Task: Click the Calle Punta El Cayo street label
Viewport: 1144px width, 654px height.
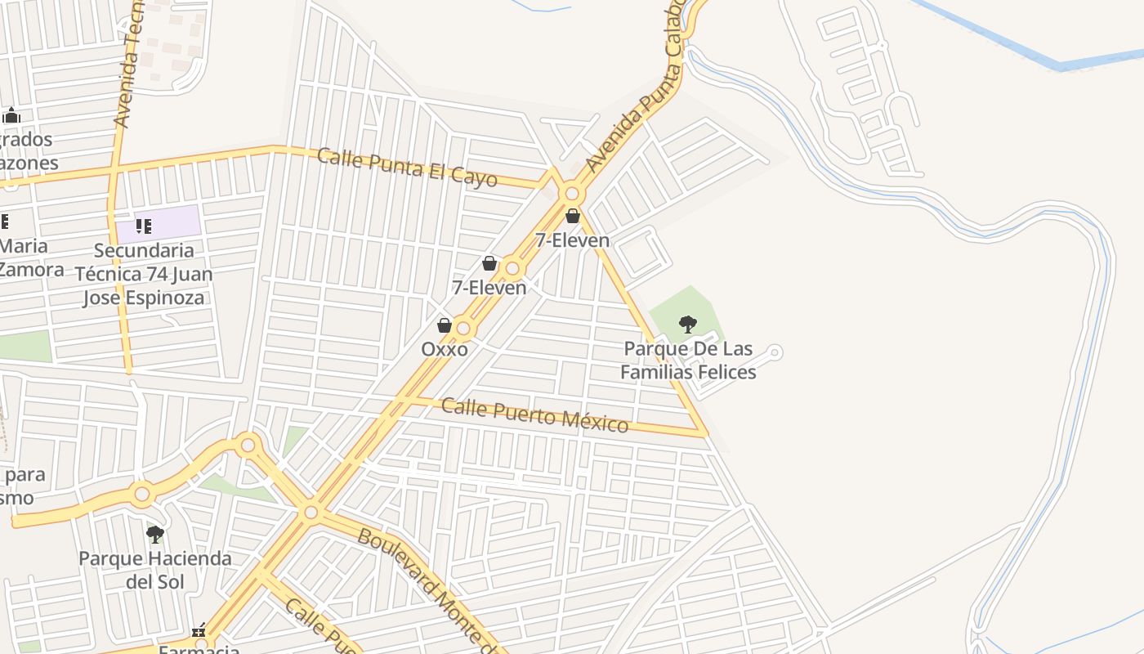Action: pyautogui.click(x=406, y=167)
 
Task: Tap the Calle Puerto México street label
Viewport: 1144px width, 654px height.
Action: pyautogui.click(x=535, y=414)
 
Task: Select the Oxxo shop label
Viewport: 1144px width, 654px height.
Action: pyautogui.click(x=445, y=349)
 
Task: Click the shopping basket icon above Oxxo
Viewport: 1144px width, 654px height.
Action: pyautogui.click(x=445, y=326)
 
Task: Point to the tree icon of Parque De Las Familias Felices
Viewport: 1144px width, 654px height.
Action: pyautogui.click(x=688, y=325)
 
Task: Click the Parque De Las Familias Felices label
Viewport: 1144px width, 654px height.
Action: pyautogui.click(x=688, y=361)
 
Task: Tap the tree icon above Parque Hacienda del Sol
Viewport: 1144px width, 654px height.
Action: pyautogui.click(x=155, y=535)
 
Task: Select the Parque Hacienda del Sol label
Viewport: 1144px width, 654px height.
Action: pyautogui.click(x=155, y=570)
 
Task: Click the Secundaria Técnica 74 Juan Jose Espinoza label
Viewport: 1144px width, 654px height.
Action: pyautogui.click(x=144, y=274)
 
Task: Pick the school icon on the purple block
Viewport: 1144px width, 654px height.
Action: pyautogui.click(x=144, y=226)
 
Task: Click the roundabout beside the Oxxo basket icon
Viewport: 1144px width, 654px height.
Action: pyautogui.click(x=464, y=329)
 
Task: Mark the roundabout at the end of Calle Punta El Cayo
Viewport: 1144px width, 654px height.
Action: pyautogui.click(x=572, y=194)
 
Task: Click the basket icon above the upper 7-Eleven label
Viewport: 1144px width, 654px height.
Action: pyautogui.click(x=573, y=217)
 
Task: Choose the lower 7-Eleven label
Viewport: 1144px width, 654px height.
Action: pyautogui.click(x=489, y=287)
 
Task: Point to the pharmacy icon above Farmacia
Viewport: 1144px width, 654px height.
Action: pyautogui.click(x=199, y=631)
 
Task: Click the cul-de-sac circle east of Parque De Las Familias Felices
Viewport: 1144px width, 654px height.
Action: pyautogui.click(x=775, y=352)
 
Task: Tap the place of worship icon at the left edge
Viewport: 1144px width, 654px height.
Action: pyautogui.click(x=11, y=115)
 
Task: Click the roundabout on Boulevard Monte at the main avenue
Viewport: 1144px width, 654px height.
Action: pyautogui.click(x=311, y=513)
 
